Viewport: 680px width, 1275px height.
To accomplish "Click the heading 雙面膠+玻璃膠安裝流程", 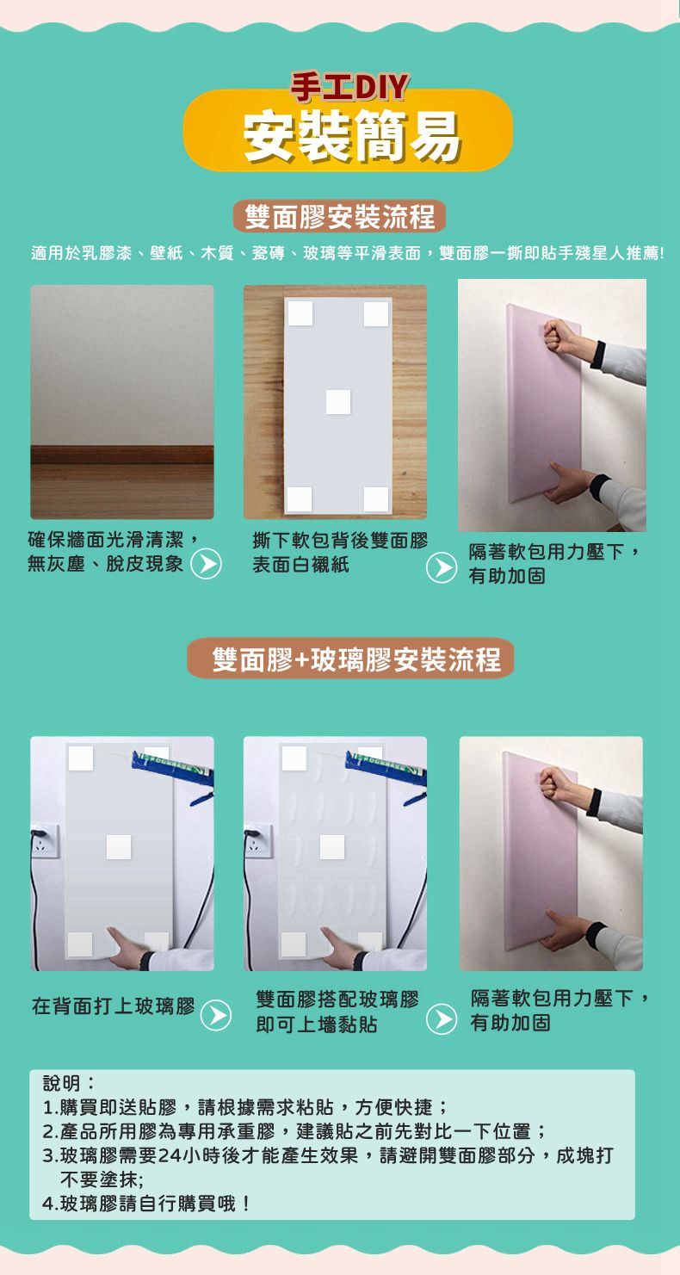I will pyautogui.click(x=350, y=659).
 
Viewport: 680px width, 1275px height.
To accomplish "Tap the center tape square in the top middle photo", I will pyautogui.click(x=338, y=401).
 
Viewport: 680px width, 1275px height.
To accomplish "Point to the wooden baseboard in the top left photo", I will pyautogui.click(x=122, y=455).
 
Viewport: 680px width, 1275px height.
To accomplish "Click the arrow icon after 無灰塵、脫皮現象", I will pyautogui.click(x=205, y=566).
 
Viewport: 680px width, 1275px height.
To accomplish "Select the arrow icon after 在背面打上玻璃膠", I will pyautogui.click(x=215, y=1016).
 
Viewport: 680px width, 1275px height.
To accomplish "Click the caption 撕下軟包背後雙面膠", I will pyautogui.click(x=339, y=542).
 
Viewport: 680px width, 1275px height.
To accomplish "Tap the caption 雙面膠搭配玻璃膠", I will pyautogui.click(x=337, y=1000).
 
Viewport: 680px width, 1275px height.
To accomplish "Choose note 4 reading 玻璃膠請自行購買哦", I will pyautogui.click(x=146, y=1203).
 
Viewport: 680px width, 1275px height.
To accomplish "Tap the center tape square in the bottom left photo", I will pyautogui.click(x=119, y=847).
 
